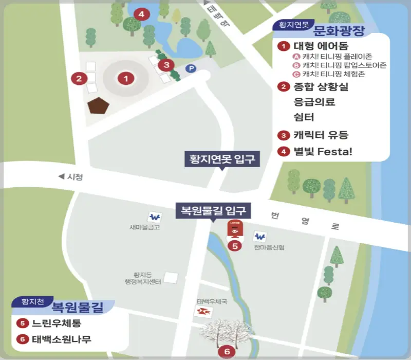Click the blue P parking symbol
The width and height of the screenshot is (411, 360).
click(191, 68)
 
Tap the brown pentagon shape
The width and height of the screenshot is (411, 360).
click(98, 105)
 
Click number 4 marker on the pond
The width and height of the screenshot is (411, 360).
click(141, 13)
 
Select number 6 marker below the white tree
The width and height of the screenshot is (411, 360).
click(227, 352)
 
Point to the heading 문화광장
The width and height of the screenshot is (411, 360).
click(339, 30)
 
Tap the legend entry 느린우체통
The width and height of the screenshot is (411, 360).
click(57, 323)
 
